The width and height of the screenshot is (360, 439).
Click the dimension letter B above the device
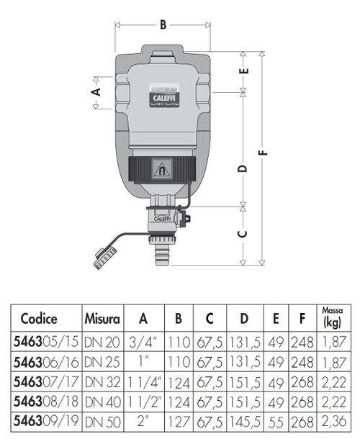point(163,25)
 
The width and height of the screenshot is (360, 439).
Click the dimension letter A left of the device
point(94,91)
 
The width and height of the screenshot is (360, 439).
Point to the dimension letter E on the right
point(243,71)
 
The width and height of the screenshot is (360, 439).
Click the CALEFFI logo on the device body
point(163,95)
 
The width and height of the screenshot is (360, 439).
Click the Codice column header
point(39,318)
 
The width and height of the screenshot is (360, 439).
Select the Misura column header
point(101,318)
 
